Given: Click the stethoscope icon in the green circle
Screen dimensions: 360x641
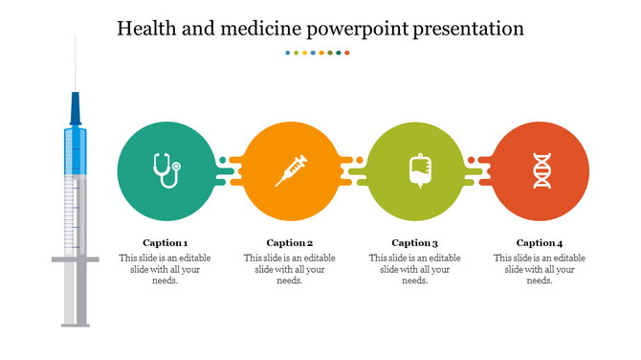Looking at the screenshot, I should click(x=166, y=170).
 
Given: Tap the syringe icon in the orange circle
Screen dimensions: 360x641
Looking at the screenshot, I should click(x=291, y=170).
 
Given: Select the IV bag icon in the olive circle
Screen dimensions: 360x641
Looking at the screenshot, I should click(x=417, y=170).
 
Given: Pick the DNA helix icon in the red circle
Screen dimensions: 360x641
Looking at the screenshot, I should click(x=542, y=170).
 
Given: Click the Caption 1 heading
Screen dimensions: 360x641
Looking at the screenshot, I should click(x=165, y=242).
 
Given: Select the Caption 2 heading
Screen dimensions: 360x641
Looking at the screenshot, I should click(x=290, y=242).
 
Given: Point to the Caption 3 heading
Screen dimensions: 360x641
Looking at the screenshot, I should click(x=414, y=242).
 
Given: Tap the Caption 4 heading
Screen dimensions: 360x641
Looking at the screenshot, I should click(x=540, y=242).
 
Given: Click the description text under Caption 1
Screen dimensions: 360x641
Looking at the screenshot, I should click(x=165, y=269).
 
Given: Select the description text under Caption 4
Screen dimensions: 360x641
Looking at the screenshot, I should click(x=540, y=269).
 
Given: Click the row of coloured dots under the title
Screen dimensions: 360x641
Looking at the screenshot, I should click(x=318, y=53).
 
